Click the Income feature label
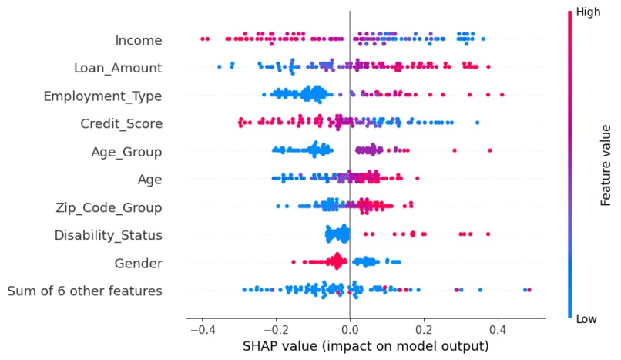tap(138, 39)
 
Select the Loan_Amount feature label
tap(118, 68)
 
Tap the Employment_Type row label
tap(102, 96)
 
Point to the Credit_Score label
tap(121, 123)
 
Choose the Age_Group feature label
tap(126, 151)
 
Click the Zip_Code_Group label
tap(109, 207)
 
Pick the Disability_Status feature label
tap(108, 235)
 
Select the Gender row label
tap(139, 263)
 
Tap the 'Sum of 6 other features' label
tap(85, 291)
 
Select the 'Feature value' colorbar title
tap(606, 165)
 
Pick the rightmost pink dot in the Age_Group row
tap(490, 150)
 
